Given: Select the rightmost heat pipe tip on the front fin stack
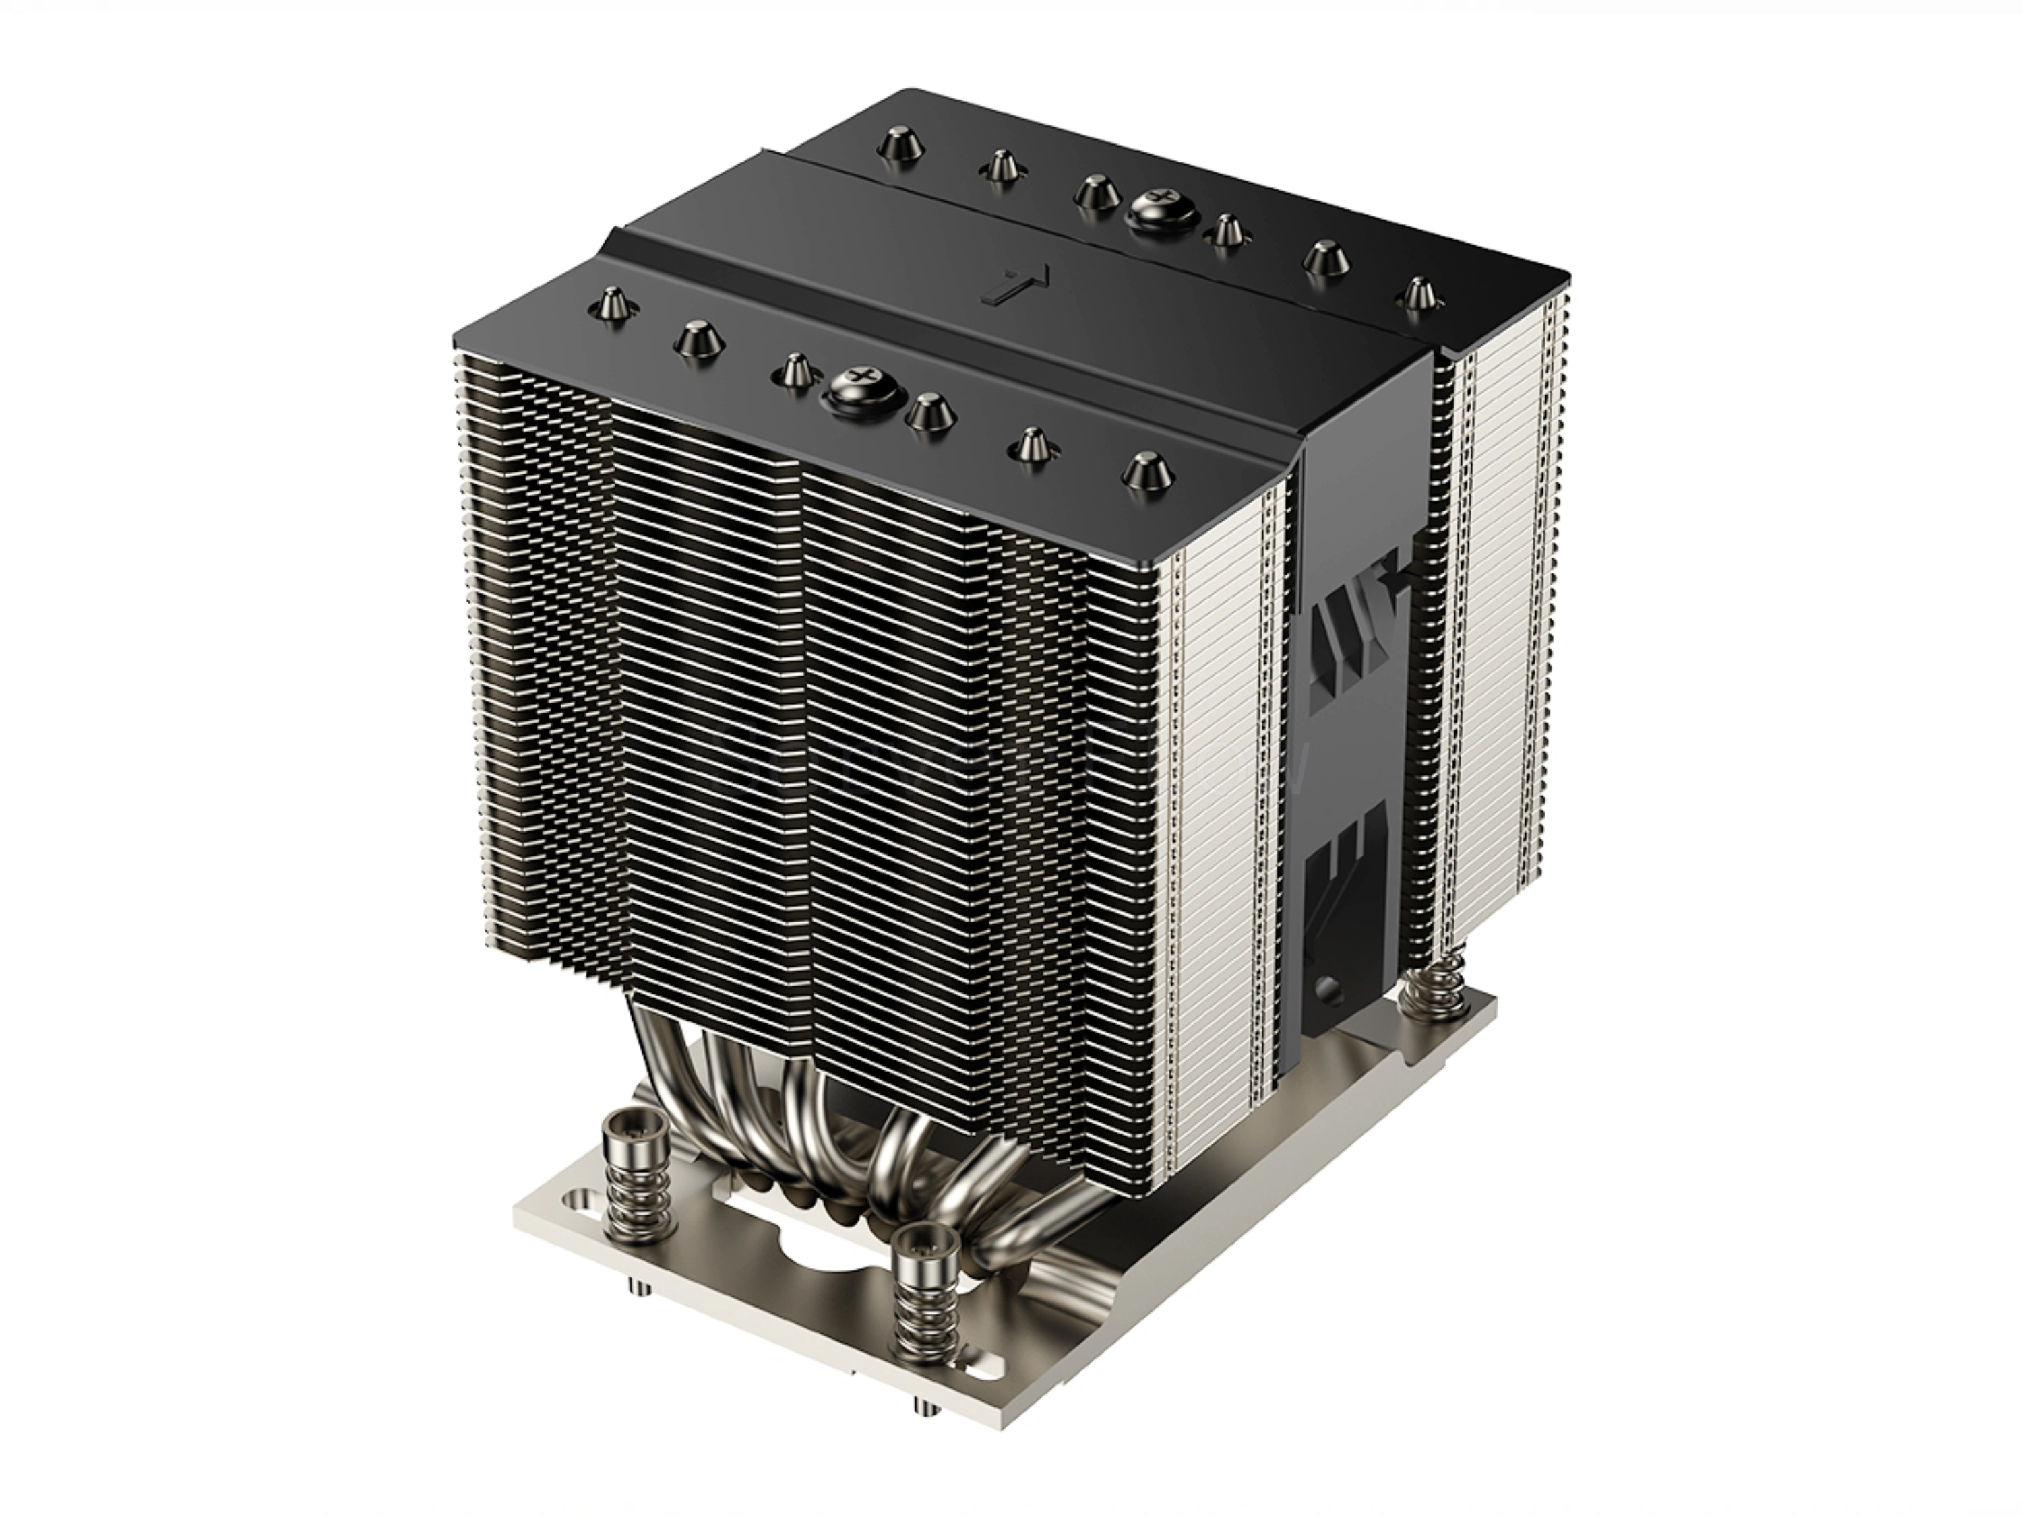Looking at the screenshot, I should pos(1147,470).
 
